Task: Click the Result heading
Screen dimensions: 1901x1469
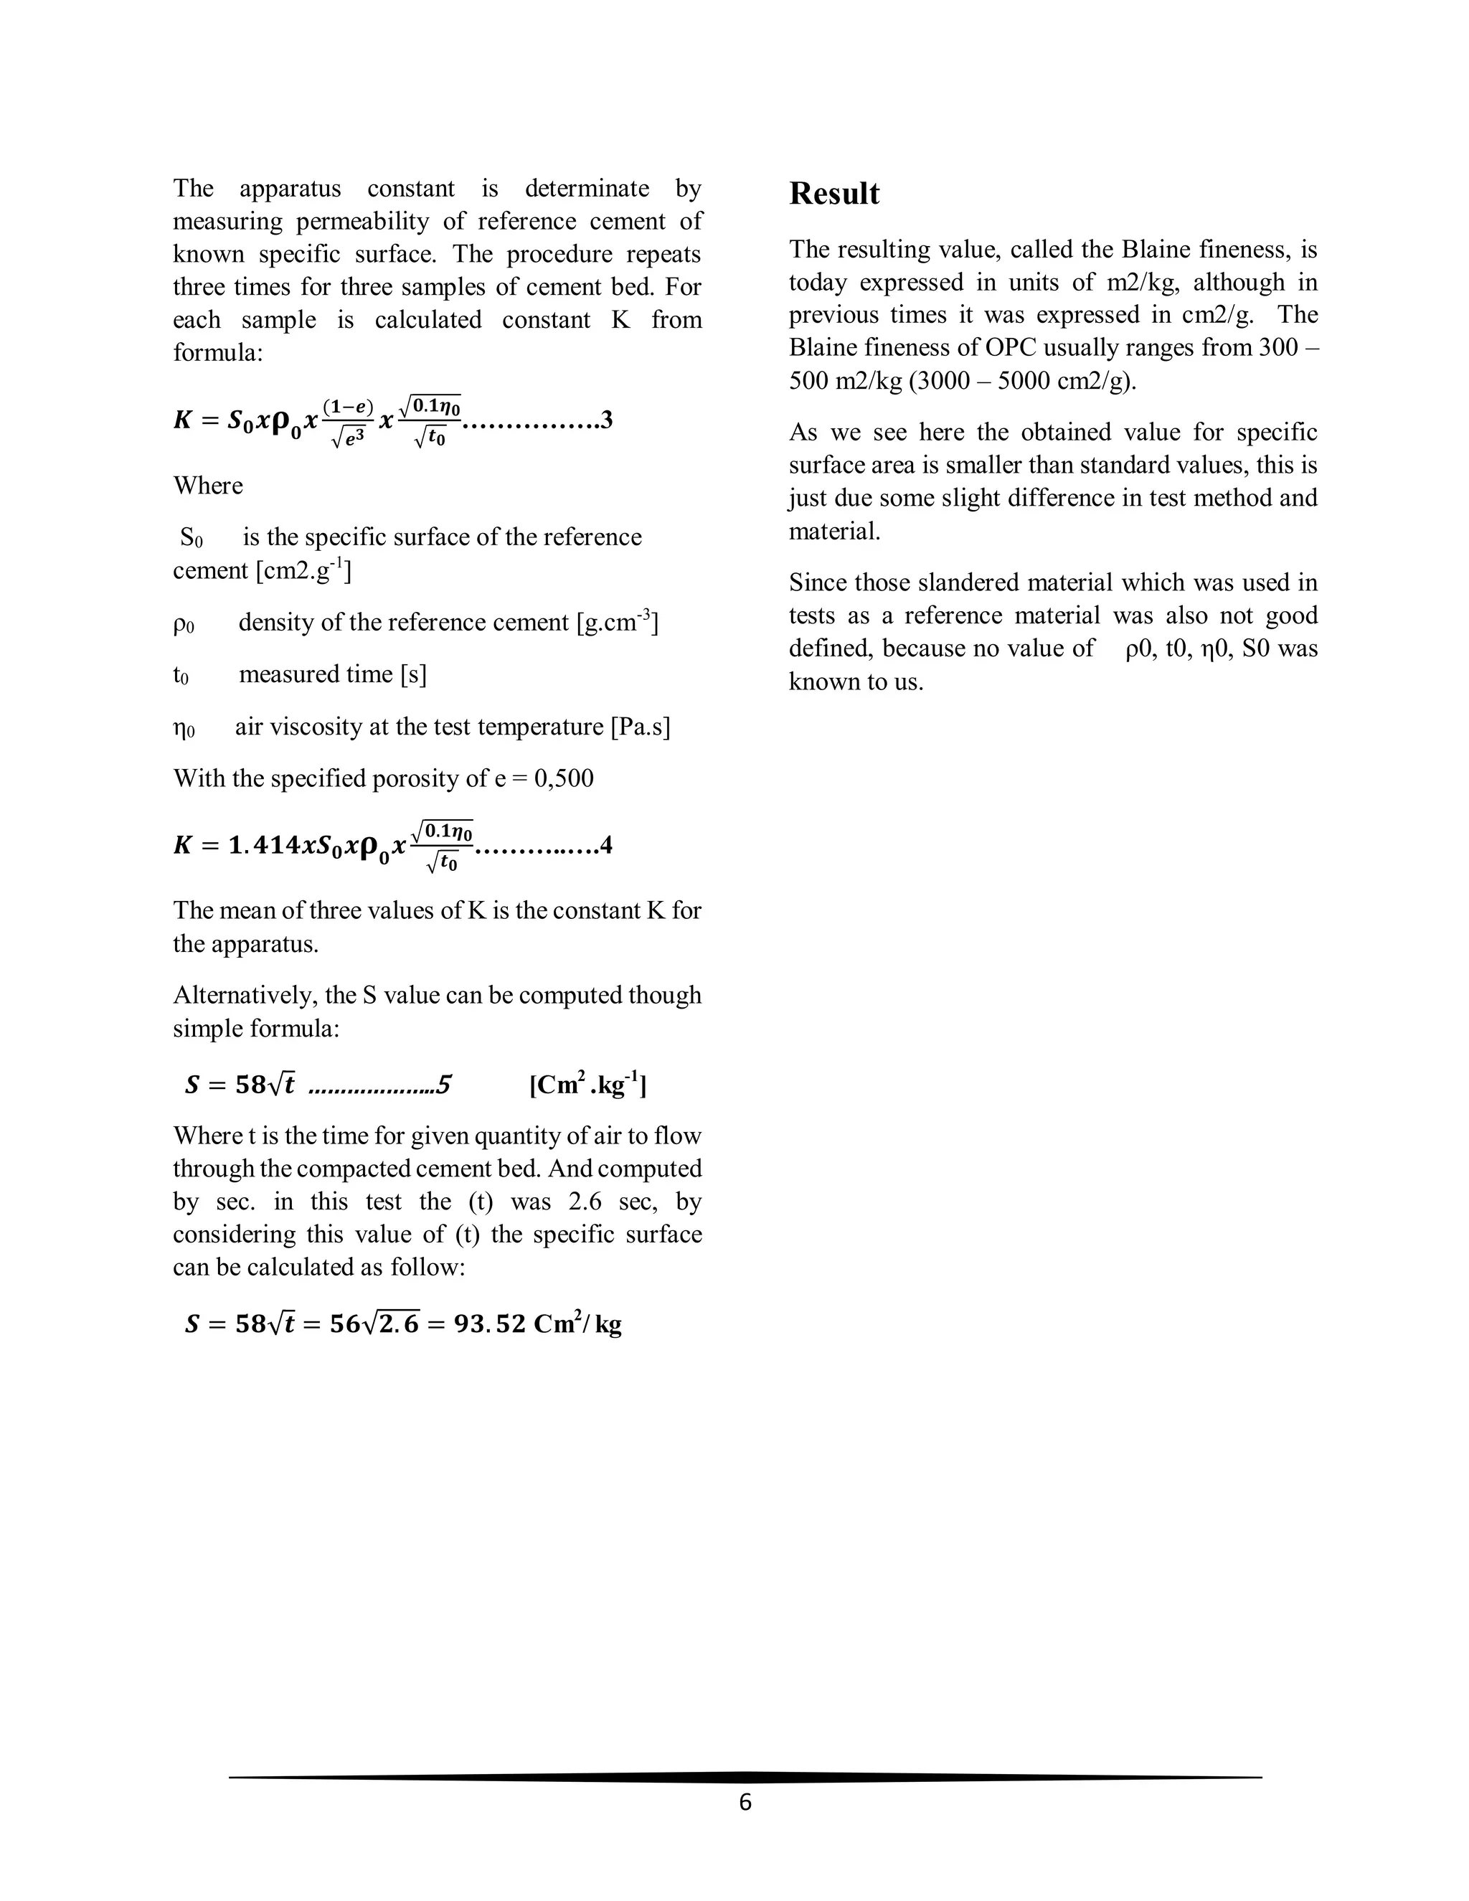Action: [833, 193]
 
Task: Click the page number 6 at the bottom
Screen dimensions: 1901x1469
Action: [745, 1803]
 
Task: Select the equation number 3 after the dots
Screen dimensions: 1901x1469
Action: [607, 420]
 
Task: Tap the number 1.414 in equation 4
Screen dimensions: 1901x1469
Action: [261, 845]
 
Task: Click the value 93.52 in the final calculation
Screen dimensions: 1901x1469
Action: [490, 1324]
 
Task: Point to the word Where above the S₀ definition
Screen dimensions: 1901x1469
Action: [208, 486]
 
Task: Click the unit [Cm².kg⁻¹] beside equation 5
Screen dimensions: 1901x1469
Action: [587, 1085]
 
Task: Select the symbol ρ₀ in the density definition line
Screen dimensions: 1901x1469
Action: [184, 623]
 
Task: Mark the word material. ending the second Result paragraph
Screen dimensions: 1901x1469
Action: [835, 532]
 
